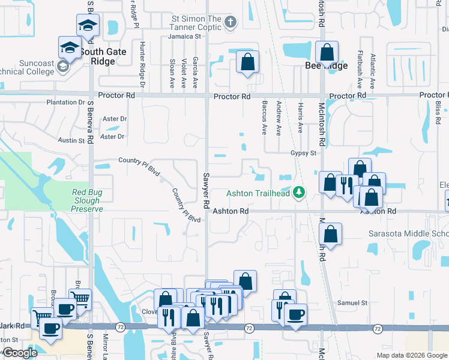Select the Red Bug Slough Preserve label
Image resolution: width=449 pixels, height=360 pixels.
(x=87, y=200)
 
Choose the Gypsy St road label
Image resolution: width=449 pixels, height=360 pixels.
(x=303, y=153)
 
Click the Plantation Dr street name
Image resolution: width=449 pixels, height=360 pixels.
(x=66, y=103)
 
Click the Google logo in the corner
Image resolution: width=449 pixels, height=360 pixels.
(x=20, y=353)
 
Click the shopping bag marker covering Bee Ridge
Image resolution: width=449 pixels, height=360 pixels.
(x=327, y=53)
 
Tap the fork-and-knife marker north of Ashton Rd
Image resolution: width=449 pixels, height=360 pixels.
(x=345, y=184)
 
